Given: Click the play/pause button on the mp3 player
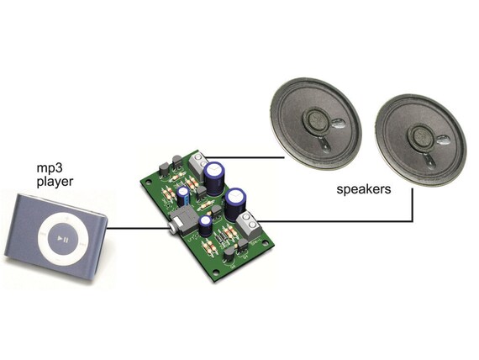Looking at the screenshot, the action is pos(63,239).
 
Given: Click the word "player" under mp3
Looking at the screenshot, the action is pos(55,182).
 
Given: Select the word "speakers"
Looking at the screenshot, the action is pos(364,189).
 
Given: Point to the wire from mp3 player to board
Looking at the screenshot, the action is pos(138,228).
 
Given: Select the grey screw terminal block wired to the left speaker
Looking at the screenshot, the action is pos(197,164).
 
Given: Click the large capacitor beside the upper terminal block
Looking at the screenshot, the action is pos(215,178).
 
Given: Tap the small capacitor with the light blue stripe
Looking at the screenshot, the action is pos(183,197).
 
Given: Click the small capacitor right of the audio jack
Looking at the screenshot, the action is pos(205,225).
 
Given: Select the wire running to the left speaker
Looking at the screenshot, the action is pos(245,158).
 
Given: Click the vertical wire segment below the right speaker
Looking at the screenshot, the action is pos(413,204).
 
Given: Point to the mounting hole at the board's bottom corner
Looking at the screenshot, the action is pos(216,273).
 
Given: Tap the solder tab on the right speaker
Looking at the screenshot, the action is pos(443,140).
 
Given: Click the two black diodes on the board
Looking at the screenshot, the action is pos(220,239).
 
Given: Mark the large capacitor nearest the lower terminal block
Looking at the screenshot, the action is pos(235,204).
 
